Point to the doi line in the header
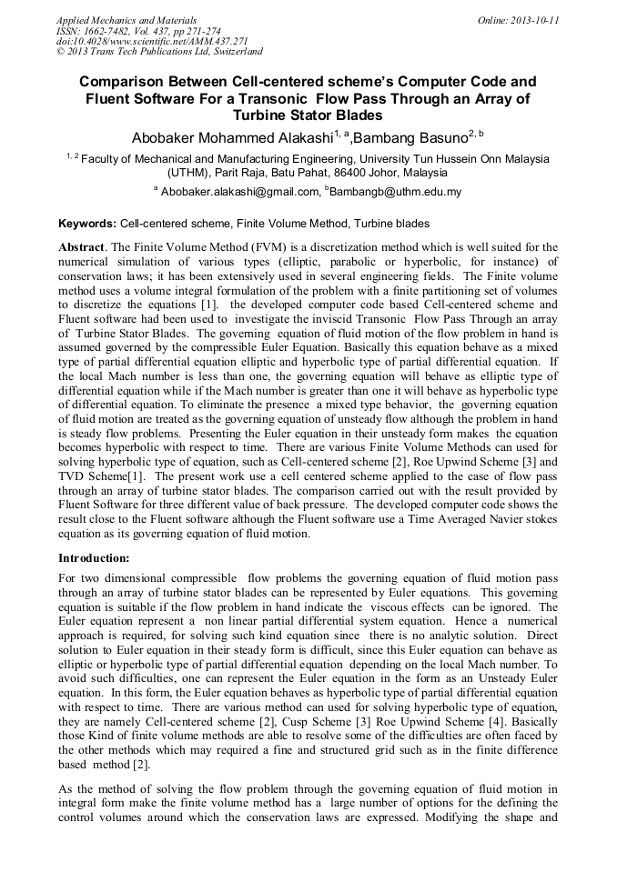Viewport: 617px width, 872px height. pyautogui.click(x=152, y=41)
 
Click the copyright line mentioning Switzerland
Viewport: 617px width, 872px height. pyautogui.click(x=159, y=52)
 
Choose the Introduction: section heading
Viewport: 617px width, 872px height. pyautogui.click(x=94, y=556)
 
